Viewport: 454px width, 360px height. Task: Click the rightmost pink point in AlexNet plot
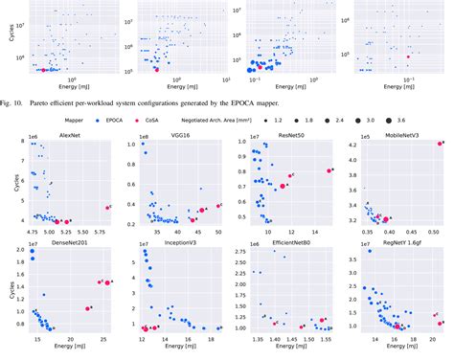point(107,207)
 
